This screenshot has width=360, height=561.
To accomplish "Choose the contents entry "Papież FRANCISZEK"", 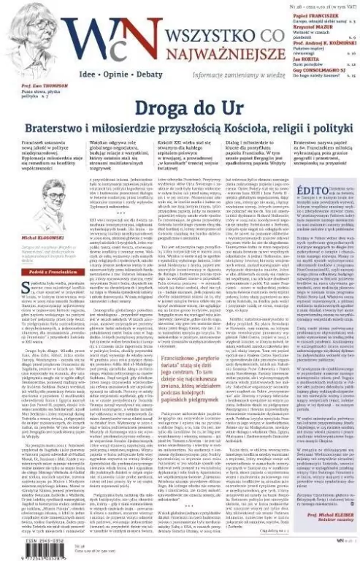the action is pos(316,15).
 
